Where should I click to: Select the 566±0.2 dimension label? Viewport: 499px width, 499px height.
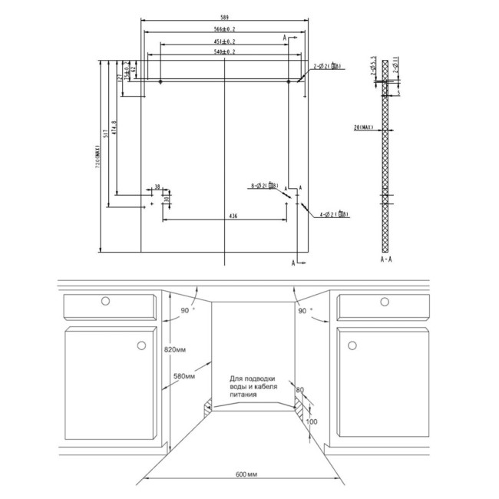224,28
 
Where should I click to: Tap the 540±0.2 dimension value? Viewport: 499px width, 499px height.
224,51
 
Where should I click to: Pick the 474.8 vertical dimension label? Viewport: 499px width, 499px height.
114,131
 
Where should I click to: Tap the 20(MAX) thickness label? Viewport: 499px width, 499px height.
363,127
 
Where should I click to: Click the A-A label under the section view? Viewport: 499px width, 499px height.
387,260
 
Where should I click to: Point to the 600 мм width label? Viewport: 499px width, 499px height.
246,478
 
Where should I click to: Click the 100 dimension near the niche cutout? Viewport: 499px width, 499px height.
311,421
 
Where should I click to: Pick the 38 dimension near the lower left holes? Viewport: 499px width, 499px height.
157,187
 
